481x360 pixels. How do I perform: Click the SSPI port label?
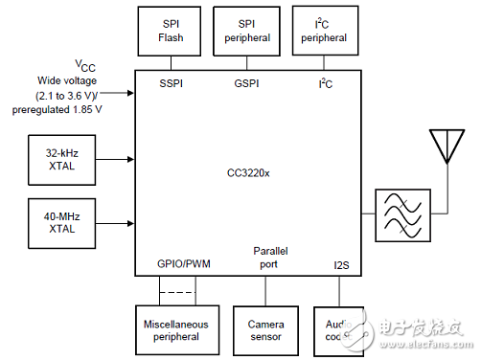click(170, 84)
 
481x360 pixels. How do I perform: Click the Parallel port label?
click(270, 257)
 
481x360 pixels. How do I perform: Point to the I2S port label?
click(341, 263)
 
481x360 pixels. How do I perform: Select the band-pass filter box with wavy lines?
click(403, 213)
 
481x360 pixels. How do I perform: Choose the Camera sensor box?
click(265, 330)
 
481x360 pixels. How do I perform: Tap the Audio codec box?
click(339, 330)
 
